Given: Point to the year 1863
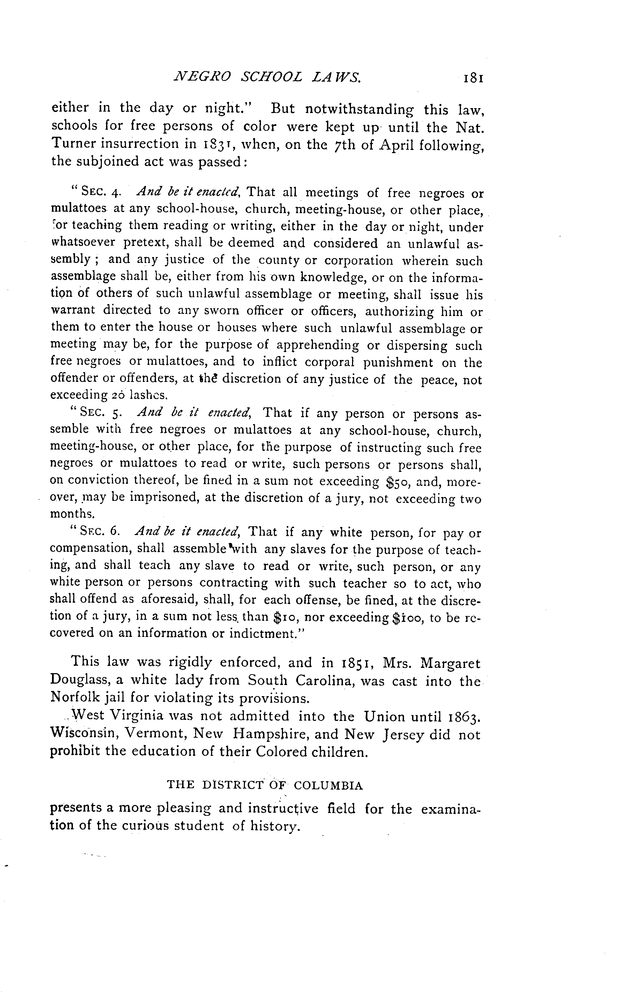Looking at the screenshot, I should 462,715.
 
